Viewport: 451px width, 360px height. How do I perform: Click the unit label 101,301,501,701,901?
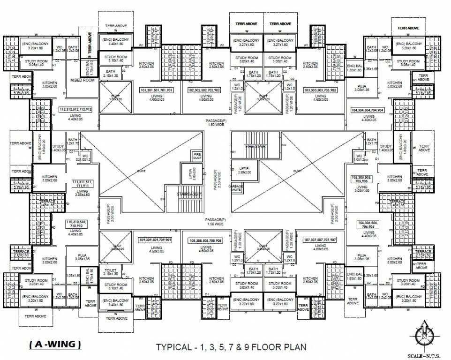tap(157, 90)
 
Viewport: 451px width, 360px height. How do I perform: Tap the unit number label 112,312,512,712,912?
tap(75, 109)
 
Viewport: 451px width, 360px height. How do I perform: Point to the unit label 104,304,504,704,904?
tap(367, 110)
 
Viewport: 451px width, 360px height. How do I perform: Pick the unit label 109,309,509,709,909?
tap(155, 240)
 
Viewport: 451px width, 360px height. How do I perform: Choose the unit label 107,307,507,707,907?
tap(320, 240)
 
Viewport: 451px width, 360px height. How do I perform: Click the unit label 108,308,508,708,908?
tap(205, 240)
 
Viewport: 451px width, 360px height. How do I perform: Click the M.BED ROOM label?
tap(82, 80)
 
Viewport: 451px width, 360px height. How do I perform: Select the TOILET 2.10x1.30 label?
tap(111, 271)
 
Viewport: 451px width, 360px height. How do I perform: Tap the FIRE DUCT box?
tap(197, 156)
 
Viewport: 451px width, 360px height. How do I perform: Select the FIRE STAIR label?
tap(256, 146)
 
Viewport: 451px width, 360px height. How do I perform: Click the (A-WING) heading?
tap(55, 345)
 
